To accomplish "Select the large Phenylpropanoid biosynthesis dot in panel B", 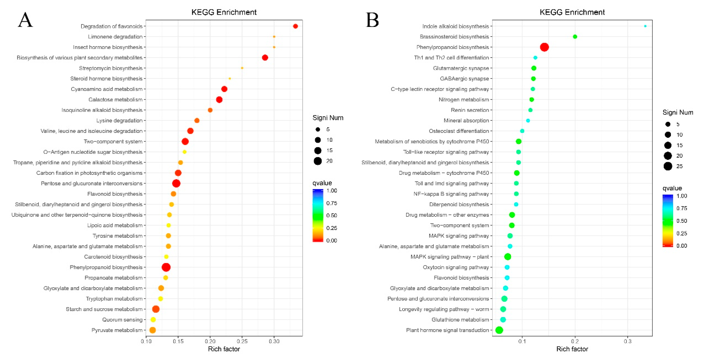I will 544,47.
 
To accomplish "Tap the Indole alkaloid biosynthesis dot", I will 645,26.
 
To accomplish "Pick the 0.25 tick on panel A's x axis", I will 242,341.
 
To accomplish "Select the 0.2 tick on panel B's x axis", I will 575,341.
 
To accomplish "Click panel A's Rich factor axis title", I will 224,349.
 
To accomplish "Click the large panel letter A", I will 25,20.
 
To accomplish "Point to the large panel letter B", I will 372,20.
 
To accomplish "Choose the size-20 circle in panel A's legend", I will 318,161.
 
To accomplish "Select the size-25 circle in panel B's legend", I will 668,166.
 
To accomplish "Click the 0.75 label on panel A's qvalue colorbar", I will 331,203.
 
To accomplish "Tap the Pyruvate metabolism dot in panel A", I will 153,330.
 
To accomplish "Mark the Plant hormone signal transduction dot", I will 499,330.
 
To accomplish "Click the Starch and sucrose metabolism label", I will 104,309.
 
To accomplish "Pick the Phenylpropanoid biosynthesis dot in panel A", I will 166,267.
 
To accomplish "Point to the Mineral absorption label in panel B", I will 466,121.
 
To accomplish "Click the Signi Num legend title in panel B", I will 678,113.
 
